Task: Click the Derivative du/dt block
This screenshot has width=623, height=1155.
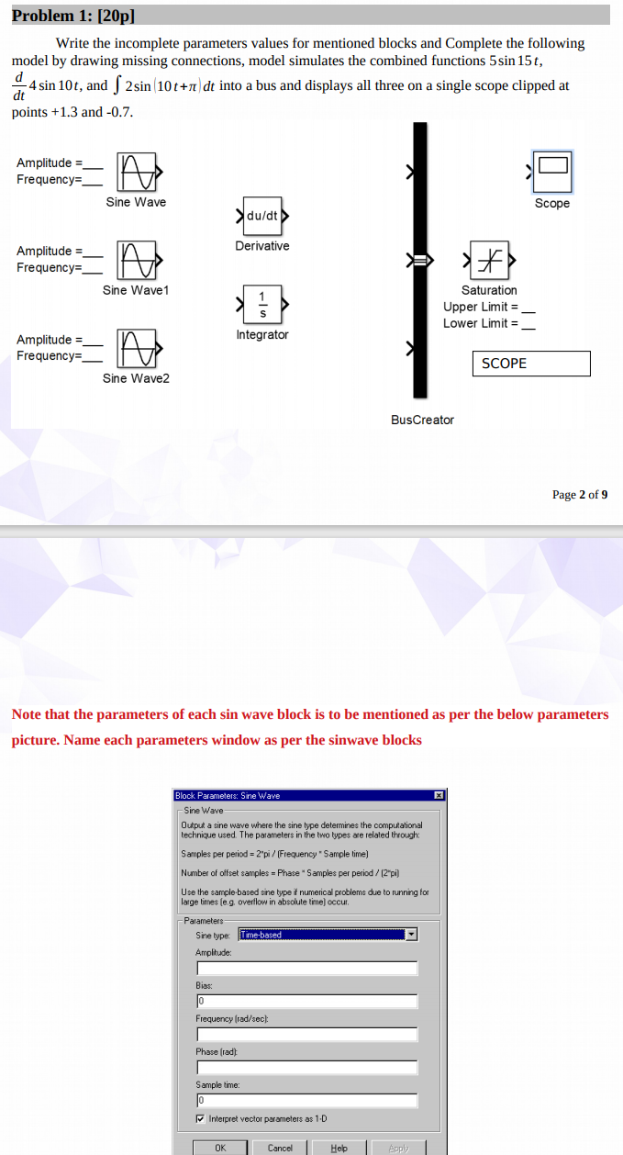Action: [x=262, y=217]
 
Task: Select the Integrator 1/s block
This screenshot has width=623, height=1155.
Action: [x=262, y=305]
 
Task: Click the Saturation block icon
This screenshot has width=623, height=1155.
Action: [x=488, y=262]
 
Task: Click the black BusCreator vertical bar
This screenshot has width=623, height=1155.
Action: [x=420, y=262]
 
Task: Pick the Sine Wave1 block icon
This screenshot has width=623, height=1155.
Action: [x=136, y=260]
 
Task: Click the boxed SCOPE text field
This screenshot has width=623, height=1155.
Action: [x=531, y=364]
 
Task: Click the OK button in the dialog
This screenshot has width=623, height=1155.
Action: [x=220, y=1148]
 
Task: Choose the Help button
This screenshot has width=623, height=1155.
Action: [x=339, y=1148]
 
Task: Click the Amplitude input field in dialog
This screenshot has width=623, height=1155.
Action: [x=306, y=968]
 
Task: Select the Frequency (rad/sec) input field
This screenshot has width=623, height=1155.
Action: [x=306, y=1034]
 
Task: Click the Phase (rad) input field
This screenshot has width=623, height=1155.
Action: [x=306, y=1067]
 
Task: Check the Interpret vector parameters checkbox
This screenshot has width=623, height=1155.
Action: [x=201, y=1118]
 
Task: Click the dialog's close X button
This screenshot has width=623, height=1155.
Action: [x=439, y=795]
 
